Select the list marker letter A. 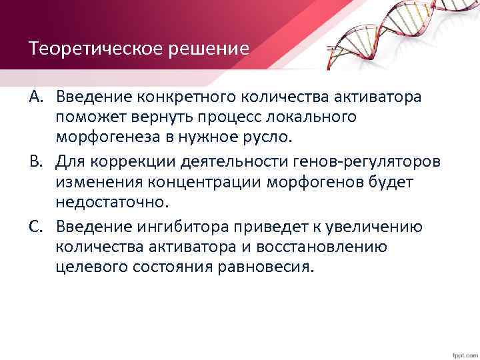tap(36, 98)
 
